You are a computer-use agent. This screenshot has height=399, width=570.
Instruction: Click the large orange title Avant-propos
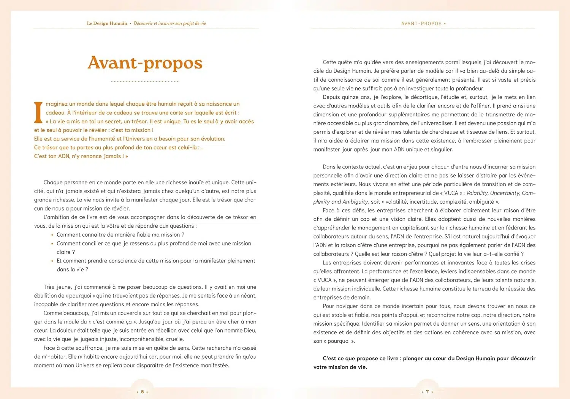[x=145, y=63]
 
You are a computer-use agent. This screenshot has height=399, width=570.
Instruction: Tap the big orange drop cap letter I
[x=38, y=112]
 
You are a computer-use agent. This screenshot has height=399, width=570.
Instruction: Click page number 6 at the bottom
[x=142, y=392]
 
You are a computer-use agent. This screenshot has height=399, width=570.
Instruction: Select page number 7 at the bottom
[x=427, y=392]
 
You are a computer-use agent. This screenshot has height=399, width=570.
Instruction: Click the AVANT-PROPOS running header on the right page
[x=421, y=24]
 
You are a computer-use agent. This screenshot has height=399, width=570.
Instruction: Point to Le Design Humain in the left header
[x=107, y=24]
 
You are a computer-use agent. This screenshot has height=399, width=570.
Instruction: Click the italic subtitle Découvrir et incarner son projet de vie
[x=169, y=24]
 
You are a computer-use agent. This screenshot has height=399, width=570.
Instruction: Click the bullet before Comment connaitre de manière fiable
[x=52, y=235]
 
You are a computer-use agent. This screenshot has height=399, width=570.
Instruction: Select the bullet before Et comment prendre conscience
[x=52, y=261]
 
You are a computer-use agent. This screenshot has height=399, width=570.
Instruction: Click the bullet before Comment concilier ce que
[x=52, y=244]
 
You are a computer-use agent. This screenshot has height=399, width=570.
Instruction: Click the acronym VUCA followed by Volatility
[x=451, y=193]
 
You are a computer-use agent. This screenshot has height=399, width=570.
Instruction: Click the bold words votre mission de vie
[x=340, y=367]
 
